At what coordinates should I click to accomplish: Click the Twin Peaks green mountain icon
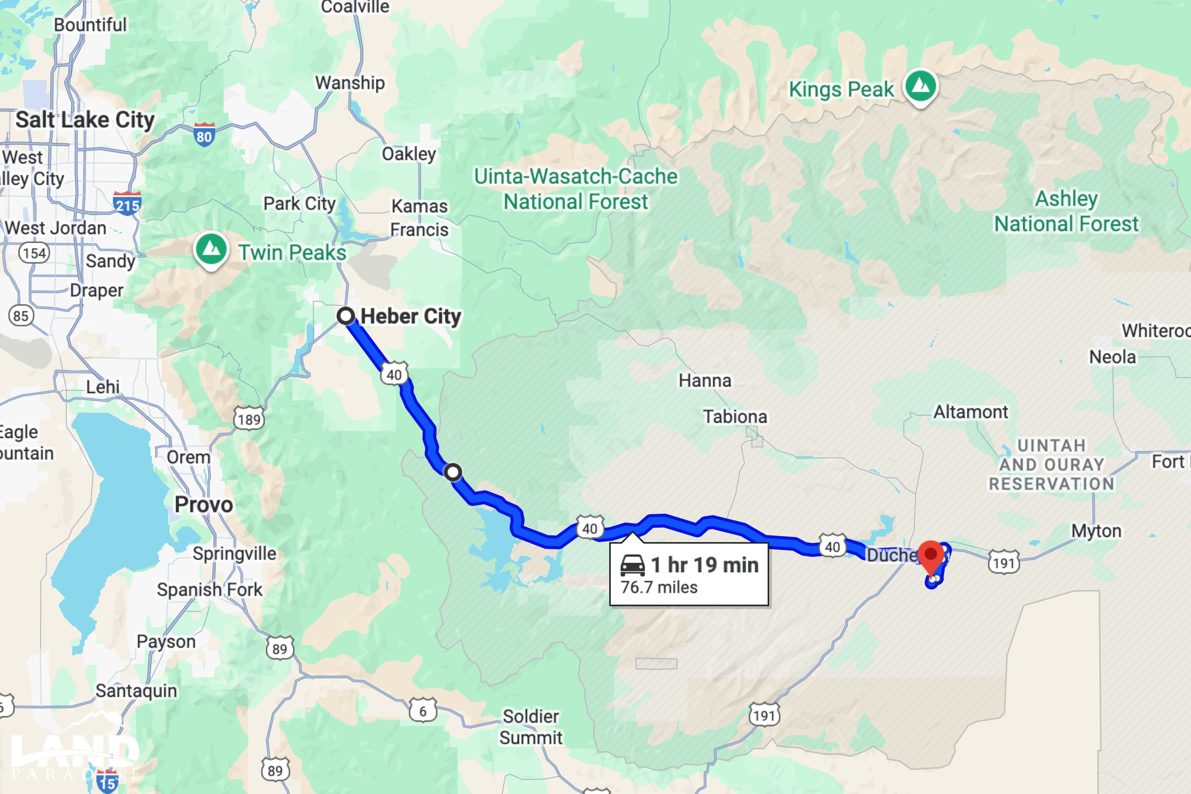coord(210,248)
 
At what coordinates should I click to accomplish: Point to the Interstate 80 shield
coord(204,135)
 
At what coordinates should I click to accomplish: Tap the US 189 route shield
coord(249,419)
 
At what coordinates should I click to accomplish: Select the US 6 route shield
coord(422,710)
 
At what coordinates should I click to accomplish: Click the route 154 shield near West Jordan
coord(34,253)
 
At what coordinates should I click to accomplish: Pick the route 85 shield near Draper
coord(21,316)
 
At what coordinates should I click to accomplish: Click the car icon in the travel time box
coord(632,565)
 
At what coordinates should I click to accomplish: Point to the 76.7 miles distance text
coord(659,587)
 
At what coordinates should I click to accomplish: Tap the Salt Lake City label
coord(85,120)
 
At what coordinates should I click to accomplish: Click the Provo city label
coord(204,504)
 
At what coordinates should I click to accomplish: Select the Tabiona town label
coord(735,417)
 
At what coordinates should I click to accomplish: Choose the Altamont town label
coord(970,412)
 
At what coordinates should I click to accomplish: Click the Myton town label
coord(1096,531)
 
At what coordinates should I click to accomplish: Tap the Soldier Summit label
coord(531,726)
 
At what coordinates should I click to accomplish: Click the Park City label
coord(299,204)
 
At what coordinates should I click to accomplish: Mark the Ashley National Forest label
coord(1066,211)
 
